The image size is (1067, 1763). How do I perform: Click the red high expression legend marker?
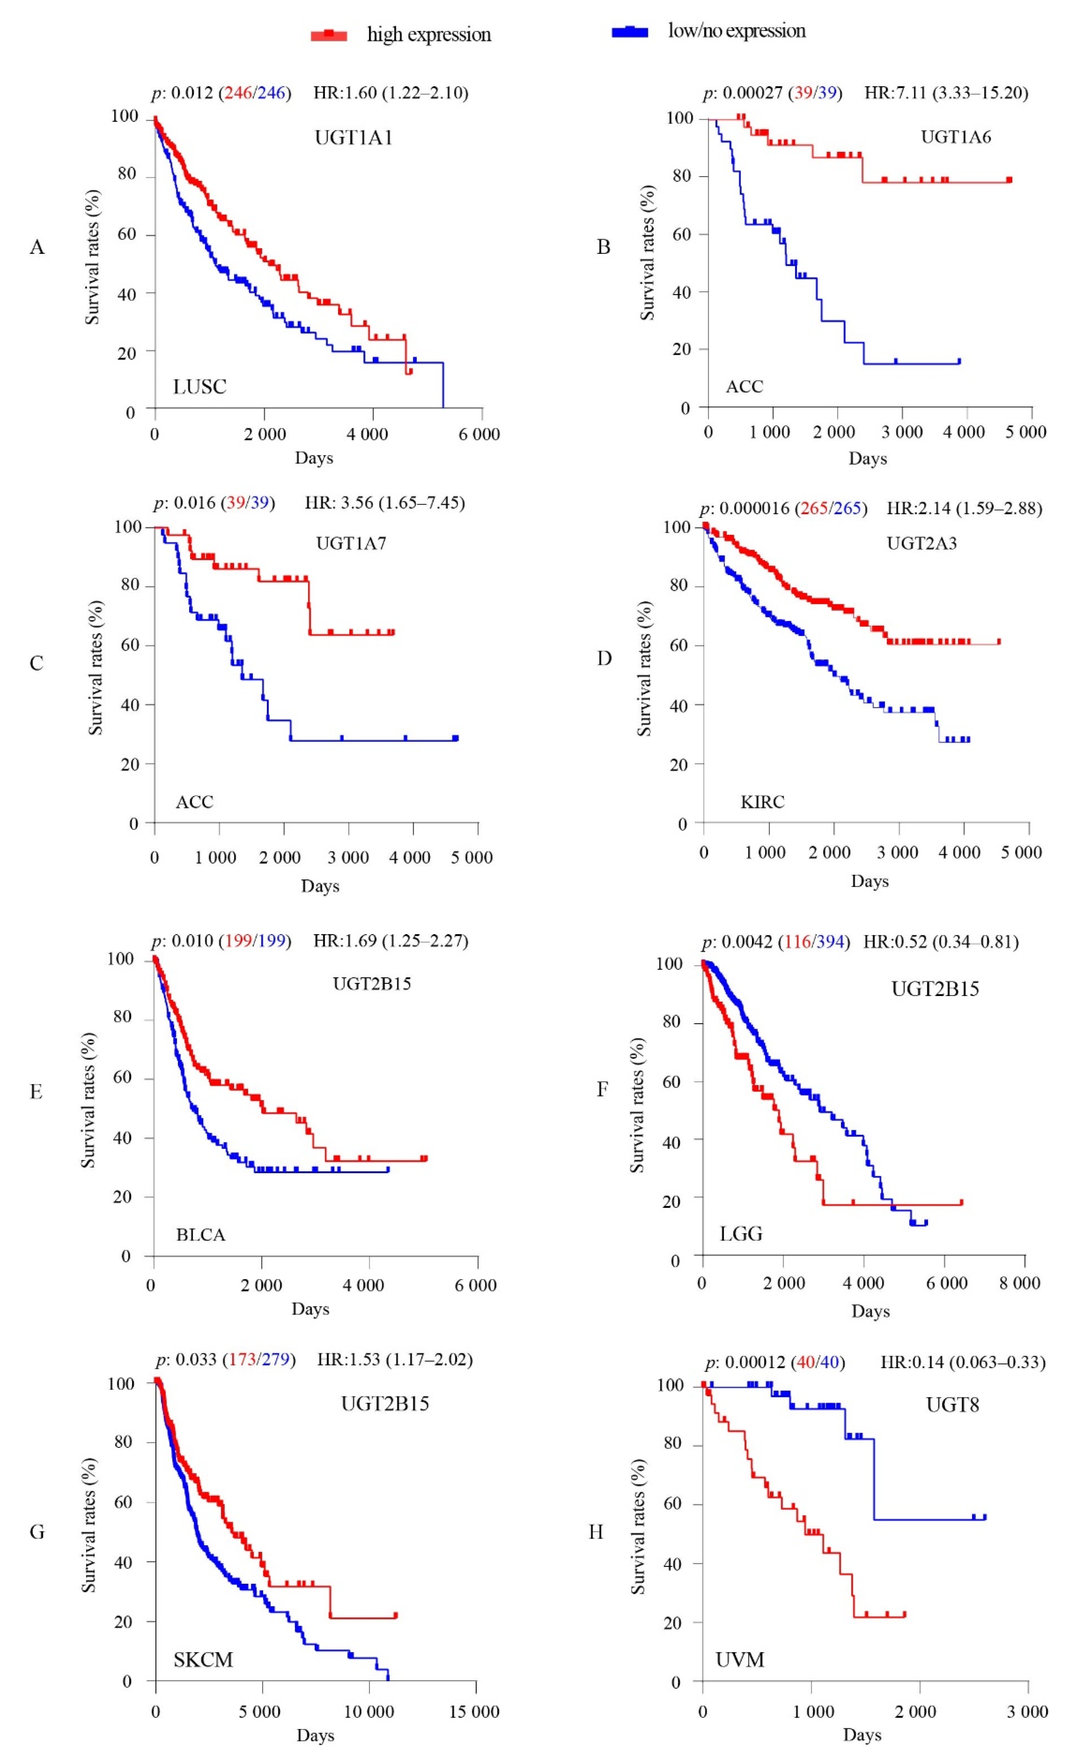click(329, 34)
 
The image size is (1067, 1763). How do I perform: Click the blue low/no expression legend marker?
click(630, 32)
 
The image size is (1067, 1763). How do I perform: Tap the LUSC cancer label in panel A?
click(199, 387)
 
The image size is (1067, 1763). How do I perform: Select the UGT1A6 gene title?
click(956, 137)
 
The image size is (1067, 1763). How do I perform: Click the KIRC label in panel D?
click(762, 802)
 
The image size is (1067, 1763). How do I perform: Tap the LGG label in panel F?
click(741, 1234)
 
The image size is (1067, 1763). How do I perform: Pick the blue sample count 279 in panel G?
click(275, 1359)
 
